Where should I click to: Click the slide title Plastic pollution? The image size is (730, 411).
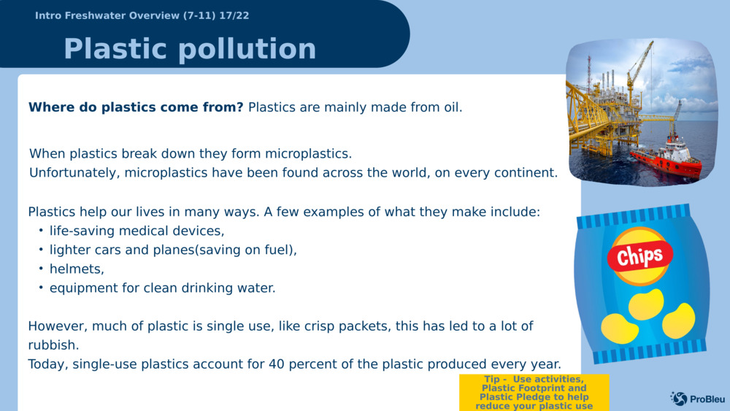190,49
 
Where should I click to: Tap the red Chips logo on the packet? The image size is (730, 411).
640,256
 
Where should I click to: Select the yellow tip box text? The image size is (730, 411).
534,392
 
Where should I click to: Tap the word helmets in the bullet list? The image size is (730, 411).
77,269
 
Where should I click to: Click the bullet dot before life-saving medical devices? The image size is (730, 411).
41,231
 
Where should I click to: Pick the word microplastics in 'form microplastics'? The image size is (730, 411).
308,153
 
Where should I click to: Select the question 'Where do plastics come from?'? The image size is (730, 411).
136,107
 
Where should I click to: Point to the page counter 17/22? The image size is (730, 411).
234,15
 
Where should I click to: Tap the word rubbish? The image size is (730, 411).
53,345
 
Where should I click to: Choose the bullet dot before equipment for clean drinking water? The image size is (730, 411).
41,288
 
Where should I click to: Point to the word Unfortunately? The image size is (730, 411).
72,173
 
